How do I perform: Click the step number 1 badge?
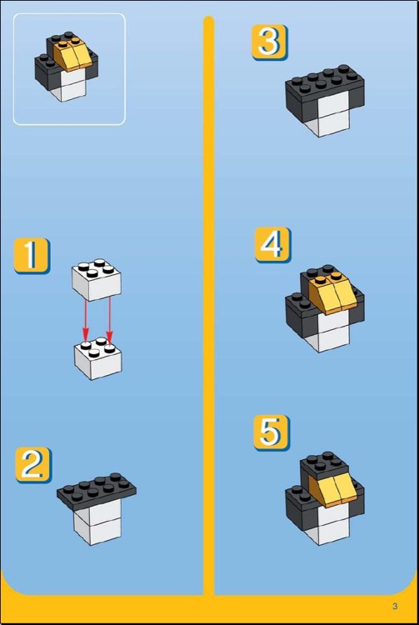[32, 256]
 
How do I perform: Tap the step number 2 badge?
[33, 465]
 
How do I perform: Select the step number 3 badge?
[269, 42]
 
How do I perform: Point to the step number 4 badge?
[273, 245]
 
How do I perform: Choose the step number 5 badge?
[272, 432]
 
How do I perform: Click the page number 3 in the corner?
[395, 607]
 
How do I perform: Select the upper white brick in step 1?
[97, 280]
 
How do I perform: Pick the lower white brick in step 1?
[98, 358]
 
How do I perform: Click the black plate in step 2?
[97, 490]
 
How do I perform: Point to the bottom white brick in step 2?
[98, 530]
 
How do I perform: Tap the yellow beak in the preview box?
[74, 55]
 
